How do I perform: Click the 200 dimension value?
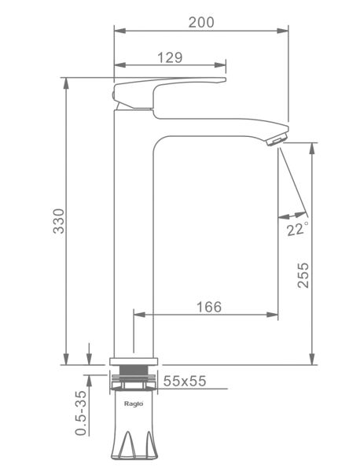(x=201, y=22)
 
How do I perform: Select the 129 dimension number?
(x=170, y=57)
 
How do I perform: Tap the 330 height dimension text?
(x=59, y=221)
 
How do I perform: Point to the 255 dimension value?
(x=303, y=275)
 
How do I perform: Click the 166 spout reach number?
(x=209, y=307)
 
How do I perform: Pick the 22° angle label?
(x=297, y=229)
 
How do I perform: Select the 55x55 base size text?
(x=185, y=381)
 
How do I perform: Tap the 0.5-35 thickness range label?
(x=81, y=413)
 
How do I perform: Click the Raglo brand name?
(x=134, y=404)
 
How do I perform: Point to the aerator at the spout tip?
(x=277, y=140)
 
